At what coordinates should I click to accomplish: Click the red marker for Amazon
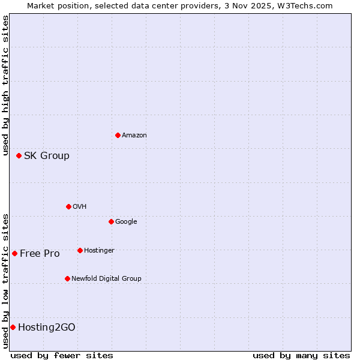[118, 135]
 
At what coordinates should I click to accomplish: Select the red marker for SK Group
[19, 155]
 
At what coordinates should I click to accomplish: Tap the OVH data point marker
[68, 206]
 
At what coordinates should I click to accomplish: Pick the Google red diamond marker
[111, 221]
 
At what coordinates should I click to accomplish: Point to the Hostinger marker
[80, 250]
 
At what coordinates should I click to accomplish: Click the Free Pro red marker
[14, 253]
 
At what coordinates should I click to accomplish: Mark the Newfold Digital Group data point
[67, 278]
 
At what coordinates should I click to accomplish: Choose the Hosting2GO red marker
[13, 327]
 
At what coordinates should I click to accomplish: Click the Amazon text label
[134, 136]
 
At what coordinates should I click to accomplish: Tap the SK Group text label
[47, 156]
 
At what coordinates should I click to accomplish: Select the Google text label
[126, 222]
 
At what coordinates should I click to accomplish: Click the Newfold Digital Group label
[106, 278]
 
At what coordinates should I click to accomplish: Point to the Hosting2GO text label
[47, 328]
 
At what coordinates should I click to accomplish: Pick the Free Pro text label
[40, 254]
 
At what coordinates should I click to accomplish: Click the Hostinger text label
[99, 250]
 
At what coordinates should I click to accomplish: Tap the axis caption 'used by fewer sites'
[62, 355]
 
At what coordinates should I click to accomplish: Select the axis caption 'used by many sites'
[301, 355]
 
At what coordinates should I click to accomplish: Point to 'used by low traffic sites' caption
[5, 280]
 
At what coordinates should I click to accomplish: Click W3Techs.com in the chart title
[309, 5]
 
